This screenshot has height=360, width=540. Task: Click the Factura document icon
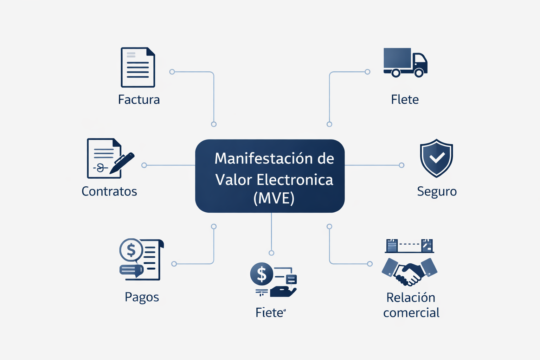[138, 67]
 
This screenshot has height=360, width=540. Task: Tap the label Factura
[139, 99]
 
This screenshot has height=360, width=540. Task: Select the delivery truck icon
[405, 62]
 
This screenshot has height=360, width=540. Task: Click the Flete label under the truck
[405, 99]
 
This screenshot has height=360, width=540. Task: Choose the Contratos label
[109, 191]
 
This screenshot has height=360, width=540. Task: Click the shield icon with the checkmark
[436, 158]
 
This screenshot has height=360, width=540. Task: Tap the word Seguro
[437, 192]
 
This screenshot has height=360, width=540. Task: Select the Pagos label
[142, 297]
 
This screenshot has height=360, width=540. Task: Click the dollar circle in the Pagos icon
[131, 250]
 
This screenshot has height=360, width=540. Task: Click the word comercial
[411, 313]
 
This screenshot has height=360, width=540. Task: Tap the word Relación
[411, 297]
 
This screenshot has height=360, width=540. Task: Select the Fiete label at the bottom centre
[270, 313]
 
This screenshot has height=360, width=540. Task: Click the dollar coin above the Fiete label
[262, 274]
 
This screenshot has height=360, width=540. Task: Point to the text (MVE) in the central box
[274, 198]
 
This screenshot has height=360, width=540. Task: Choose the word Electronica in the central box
[295, 180]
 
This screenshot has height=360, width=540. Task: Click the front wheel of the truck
[419, 73]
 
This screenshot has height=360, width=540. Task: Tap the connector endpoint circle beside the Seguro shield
[401, 165]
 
